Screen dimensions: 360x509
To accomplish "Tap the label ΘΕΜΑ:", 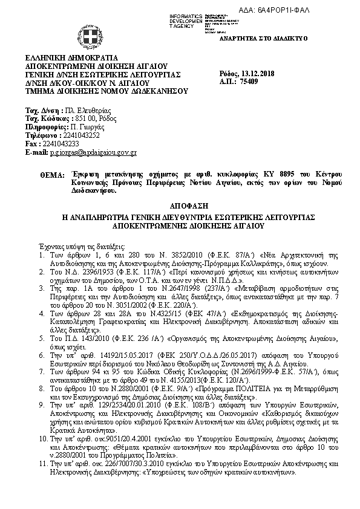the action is click(53, 175).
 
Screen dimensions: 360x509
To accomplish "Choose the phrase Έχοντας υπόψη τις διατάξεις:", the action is click(73, 247).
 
